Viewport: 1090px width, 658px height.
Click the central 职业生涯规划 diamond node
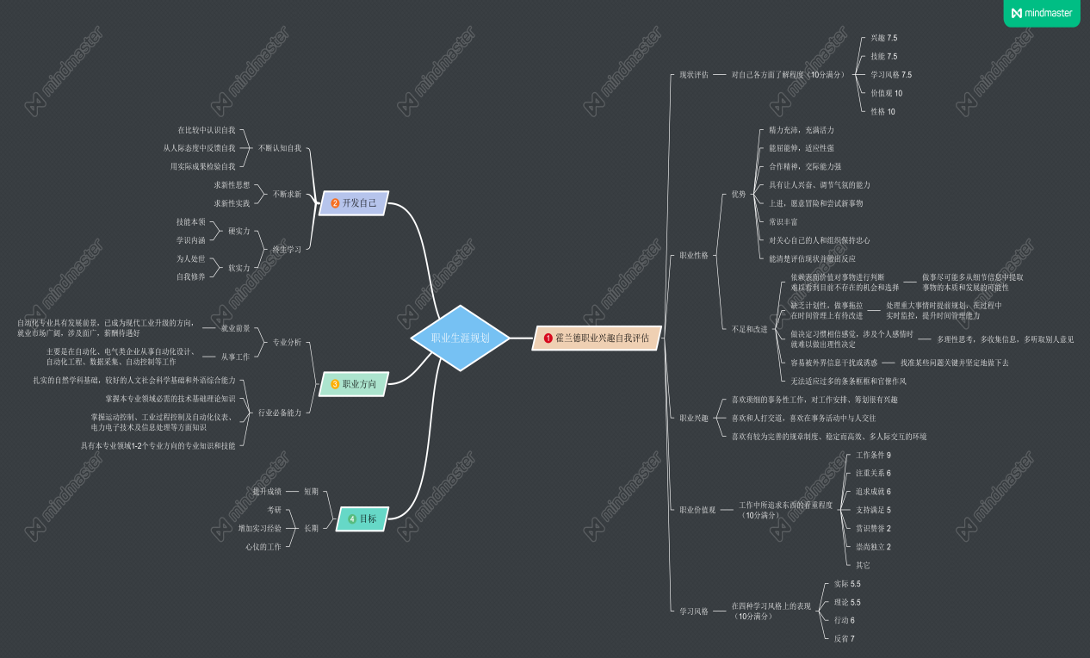[460, 338]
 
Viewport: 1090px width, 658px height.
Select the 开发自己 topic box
[354, 203]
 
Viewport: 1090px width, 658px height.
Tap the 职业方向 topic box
[354, 383]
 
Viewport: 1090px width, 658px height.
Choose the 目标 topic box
[362, 518]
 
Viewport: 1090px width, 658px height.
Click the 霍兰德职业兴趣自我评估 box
[597, 338]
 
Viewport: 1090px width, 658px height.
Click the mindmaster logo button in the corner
[1041, 13]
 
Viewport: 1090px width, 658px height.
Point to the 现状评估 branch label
[693, 75]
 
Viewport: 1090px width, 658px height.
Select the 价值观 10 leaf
[886, 93]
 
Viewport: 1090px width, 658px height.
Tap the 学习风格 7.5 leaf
[890, 75]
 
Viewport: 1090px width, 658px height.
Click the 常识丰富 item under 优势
[783, 221]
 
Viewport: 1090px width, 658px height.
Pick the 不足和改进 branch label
[748, 329]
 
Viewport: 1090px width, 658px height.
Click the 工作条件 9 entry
[873, 455]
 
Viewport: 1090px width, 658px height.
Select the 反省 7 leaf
[844, 638]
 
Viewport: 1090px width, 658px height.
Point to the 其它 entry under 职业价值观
[863, 565]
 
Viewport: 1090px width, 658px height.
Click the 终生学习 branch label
[287, 249]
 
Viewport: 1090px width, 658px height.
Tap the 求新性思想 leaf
[232, 185]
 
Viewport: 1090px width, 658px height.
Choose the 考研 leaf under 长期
[274, 510]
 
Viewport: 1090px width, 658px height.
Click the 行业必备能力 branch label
[280, 413]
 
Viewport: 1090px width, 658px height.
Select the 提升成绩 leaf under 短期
[267, 491]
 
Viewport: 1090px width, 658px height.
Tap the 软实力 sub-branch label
[238, 268]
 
